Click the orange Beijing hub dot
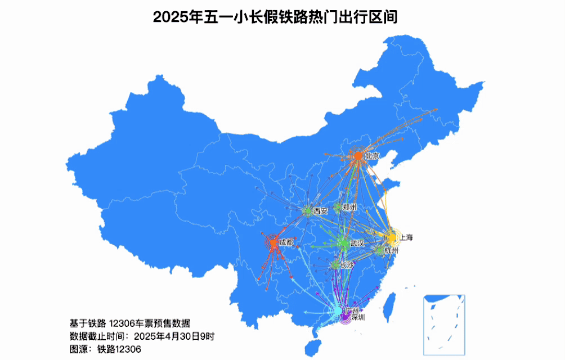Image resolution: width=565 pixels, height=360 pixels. coord(358,156)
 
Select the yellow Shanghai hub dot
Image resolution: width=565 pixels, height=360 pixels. coord(391,237)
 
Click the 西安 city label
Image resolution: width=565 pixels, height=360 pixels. coord(321,211)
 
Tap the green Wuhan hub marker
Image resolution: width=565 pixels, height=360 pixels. coord(343,244)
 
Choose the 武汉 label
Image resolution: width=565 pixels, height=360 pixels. coord(357,244)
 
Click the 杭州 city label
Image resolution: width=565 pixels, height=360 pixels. coord(391,250)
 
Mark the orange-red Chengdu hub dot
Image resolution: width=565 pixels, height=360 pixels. coord(273,243)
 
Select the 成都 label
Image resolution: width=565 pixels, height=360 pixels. coord(286,243)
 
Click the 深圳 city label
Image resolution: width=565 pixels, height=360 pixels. coord(358,318)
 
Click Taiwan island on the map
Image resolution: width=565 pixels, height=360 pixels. coord(388,304)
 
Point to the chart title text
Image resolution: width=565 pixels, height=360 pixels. coord(275,17)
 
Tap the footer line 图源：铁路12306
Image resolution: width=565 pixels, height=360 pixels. coord(105,349)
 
